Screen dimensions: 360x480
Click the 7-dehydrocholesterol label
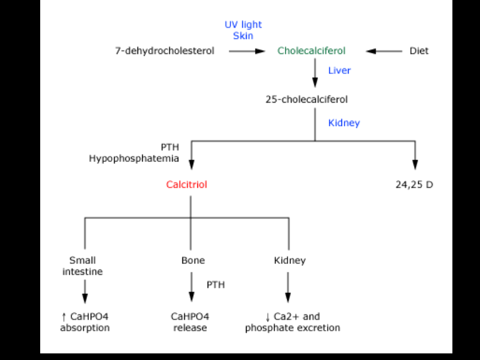164,51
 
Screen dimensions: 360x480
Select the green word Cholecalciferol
311,51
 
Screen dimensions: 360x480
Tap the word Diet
419,51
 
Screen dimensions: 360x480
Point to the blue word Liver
339,70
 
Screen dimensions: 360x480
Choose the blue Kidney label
344,123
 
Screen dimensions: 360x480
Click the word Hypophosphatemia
134,158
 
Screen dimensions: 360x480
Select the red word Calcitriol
187,185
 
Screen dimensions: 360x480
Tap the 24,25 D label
414,185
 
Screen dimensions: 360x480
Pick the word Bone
193,260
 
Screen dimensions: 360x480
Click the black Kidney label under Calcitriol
290,260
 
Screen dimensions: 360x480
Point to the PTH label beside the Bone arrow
215,284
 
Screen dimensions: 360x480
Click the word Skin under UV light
243,36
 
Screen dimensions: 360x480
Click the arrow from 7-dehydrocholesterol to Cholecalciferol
246,51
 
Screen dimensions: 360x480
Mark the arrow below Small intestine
85,291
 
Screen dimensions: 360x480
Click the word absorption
85,328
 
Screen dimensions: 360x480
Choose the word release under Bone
190,328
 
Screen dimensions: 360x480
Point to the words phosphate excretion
292,328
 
